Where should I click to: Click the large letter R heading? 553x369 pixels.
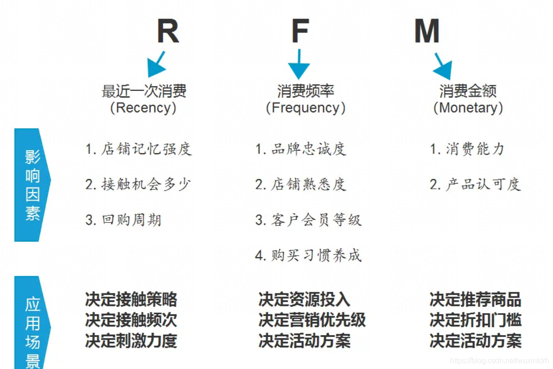coord(167,31)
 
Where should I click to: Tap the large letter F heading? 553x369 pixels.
coord(300,31)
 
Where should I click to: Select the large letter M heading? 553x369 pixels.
coord(426,31)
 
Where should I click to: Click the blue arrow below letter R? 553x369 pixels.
coord(156,65)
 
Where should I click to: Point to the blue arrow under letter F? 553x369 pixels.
coord(299,65)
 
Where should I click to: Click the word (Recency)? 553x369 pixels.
coord(144,108)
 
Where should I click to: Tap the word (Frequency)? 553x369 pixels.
coord(305,108)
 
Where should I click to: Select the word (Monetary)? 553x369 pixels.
coord(468,108)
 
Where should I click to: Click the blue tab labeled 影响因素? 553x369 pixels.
coord(32,185)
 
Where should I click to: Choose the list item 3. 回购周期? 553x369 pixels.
coord(123,220)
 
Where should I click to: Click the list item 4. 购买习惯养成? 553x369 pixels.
coord(308,255)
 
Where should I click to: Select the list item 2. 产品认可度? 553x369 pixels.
coord(475,184)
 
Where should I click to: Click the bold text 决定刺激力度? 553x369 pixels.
coord(131,341)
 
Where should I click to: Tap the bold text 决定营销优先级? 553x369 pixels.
coord(312,320)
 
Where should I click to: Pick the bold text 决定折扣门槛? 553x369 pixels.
coord(475,320)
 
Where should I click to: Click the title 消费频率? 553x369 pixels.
coord(305,91)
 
